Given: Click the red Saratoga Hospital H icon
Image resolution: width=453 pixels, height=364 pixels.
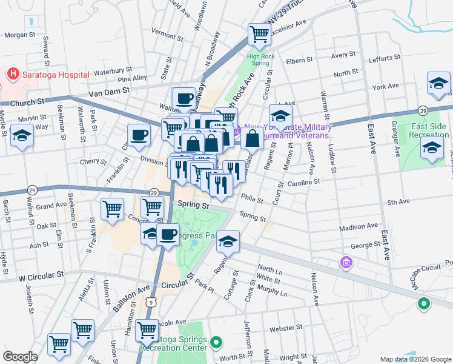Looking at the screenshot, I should coord(12,74).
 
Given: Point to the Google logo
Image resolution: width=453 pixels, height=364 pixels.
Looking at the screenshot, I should coord(20,357).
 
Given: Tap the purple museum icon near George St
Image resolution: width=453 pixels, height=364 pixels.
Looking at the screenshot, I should coord(346,263).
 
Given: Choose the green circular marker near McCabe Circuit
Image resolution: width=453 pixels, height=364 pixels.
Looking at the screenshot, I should coord(424,304).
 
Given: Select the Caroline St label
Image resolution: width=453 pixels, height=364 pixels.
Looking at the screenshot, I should coord(303,182).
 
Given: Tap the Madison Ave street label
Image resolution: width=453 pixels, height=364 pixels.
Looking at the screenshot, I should coord(354,227).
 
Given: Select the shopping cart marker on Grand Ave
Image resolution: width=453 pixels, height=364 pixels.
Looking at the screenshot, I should coord(112,209).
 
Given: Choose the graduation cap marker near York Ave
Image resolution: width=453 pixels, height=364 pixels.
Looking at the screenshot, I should coord(438,83).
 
